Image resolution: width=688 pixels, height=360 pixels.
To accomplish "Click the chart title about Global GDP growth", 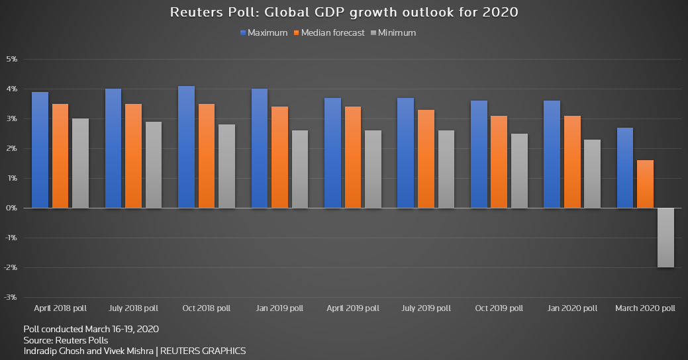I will pos(344,13).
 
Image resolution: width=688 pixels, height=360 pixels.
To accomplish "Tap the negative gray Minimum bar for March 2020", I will pos(665,238).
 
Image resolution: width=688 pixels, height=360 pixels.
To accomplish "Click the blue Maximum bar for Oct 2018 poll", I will pos(186,147).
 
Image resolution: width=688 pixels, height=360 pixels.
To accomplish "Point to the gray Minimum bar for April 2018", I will pos(80,163).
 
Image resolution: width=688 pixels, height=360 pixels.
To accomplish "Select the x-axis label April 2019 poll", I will pos(352,308).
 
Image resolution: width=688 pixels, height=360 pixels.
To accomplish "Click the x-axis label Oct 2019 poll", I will pos(499,308).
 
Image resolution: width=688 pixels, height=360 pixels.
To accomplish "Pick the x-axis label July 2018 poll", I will pos(134,308).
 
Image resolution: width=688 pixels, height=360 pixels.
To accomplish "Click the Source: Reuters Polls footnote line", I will pos(66,340).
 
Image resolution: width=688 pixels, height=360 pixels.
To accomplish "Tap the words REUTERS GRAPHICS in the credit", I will pos(204,351).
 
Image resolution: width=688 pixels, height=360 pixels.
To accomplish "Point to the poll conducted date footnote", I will pos(91,329).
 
